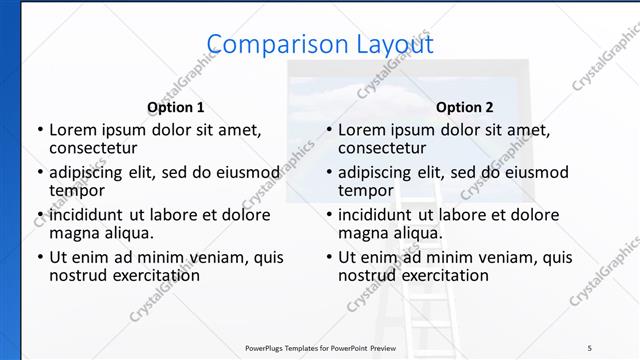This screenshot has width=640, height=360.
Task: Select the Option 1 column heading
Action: [176, 107]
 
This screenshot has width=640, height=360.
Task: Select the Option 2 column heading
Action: [465, 107]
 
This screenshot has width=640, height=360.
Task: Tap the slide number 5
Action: [590, 347]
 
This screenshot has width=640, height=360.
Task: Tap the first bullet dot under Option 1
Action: [39, 130]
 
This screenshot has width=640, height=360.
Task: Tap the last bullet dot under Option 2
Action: [328, 257]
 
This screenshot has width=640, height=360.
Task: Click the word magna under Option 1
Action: [74, 232]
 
